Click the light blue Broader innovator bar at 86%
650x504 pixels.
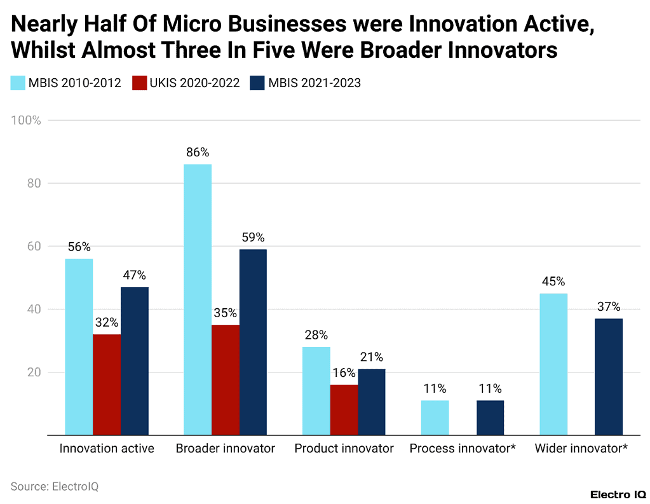(x=198, y=299)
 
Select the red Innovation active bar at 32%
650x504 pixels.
(x=107, y=385)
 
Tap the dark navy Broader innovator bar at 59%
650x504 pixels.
(x=253, y=342)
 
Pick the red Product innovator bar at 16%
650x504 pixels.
(x=344, y=410)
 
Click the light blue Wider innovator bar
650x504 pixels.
(x=553, y=364)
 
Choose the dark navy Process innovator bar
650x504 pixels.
(x=490, y=418)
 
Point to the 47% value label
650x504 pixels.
(x=134, y=275)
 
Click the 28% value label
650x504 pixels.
(x=316, y=335)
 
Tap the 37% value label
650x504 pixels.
(x=609, y=306)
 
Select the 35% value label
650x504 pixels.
(x=225, y=313)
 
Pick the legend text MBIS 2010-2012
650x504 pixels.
(x=74, y=83)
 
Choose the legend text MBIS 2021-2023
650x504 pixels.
(x=315, y=83)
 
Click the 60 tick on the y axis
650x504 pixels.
(x=34, y=247)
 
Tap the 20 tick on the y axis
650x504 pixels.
(x=34, y=372)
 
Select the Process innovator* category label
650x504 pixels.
(x=463, y=449)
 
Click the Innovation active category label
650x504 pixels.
(x=107, y=449)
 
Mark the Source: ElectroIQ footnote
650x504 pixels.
(x=55, y=486)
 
